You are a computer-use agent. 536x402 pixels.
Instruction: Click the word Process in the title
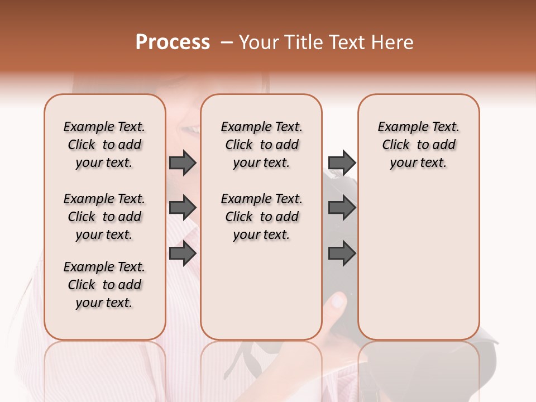coord(173,42)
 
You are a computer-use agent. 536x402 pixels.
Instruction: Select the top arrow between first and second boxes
coord(183,162)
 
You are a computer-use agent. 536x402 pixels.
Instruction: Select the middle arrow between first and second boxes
coord(183,208)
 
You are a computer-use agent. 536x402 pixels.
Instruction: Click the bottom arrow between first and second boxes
coord(183,253)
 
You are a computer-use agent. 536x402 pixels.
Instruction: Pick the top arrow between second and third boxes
coord(342,162)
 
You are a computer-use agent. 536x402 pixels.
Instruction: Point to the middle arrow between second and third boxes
coord(342,208)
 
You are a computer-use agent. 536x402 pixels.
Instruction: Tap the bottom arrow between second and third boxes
coord(342,253)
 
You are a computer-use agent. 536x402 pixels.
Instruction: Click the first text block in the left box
coord(104,145)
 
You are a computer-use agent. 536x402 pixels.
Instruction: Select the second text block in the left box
coord(104,217)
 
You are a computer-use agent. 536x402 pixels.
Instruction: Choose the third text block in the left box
coord(104,285)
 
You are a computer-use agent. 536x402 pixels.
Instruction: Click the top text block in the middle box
coord(261,145)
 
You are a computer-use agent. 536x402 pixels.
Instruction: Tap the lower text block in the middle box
coord(261,217)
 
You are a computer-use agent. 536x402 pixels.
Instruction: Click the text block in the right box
coord(418,145)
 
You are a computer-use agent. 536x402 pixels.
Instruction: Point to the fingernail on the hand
coord(338,301)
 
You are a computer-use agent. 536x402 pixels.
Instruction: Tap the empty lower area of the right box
coord(418,262)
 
